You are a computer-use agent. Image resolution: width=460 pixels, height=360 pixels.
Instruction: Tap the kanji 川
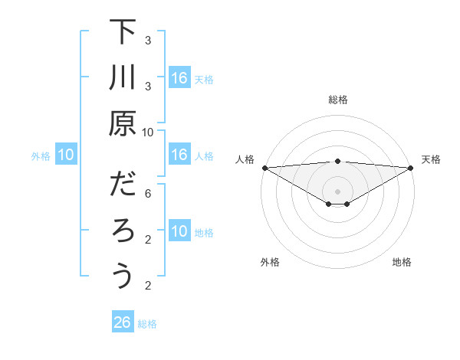123,79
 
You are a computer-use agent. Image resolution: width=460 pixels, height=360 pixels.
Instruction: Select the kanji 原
123,123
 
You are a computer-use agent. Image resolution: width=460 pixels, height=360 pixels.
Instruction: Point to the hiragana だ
123,186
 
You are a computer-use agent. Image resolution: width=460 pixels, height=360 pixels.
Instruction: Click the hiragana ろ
123,231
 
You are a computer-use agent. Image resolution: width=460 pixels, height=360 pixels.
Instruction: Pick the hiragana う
123,276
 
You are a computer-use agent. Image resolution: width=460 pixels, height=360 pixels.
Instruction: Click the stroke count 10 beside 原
148,132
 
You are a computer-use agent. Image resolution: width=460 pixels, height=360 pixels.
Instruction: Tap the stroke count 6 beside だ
148,195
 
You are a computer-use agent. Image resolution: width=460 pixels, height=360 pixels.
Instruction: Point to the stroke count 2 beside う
148,286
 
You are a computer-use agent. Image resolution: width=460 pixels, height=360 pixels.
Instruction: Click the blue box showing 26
123,322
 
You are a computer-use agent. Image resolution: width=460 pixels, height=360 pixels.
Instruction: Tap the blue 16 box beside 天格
179,78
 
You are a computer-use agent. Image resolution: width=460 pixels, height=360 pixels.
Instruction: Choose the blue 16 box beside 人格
179,155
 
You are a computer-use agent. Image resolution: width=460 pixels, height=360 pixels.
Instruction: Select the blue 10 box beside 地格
179,231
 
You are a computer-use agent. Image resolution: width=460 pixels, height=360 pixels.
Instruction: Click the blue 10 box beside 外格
66,155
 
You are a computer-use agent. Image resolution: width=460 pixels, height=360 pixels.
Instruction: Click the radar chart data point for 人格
264,168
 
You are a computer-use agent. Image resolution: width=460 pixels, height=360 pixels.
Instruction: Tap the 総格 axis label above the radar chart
338,100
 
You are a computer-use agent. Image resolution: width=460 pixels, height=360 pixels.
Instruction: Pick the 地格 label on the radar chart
402,263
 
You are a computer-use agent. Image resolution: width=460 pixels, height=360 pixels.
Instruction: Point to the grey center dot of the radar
338,191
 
